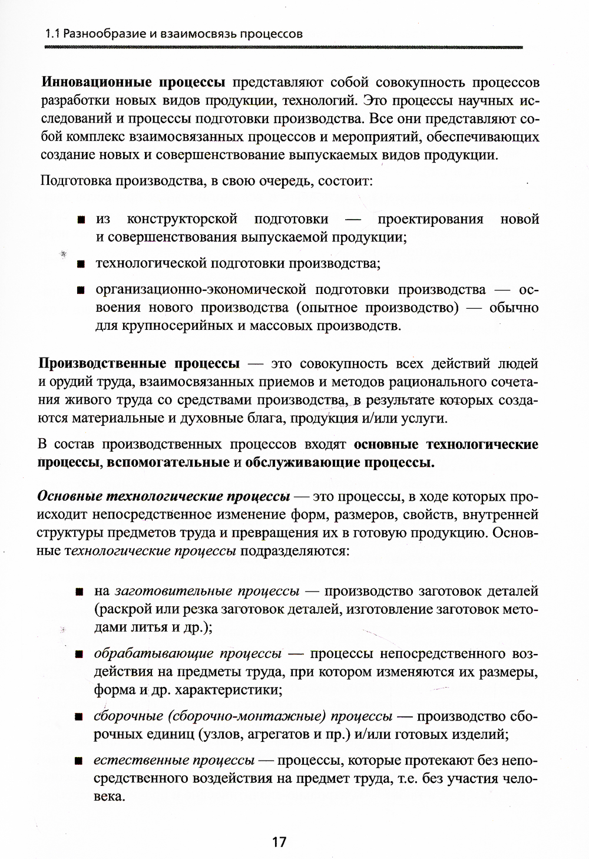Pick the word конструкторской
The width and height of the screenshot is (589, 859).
click(x=182, y=219)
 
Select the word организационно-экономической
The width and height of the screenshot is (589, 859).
click(x=201, y=290)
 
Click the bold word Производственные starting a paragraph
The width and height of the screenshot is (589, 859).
click(x=107, y=364)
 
